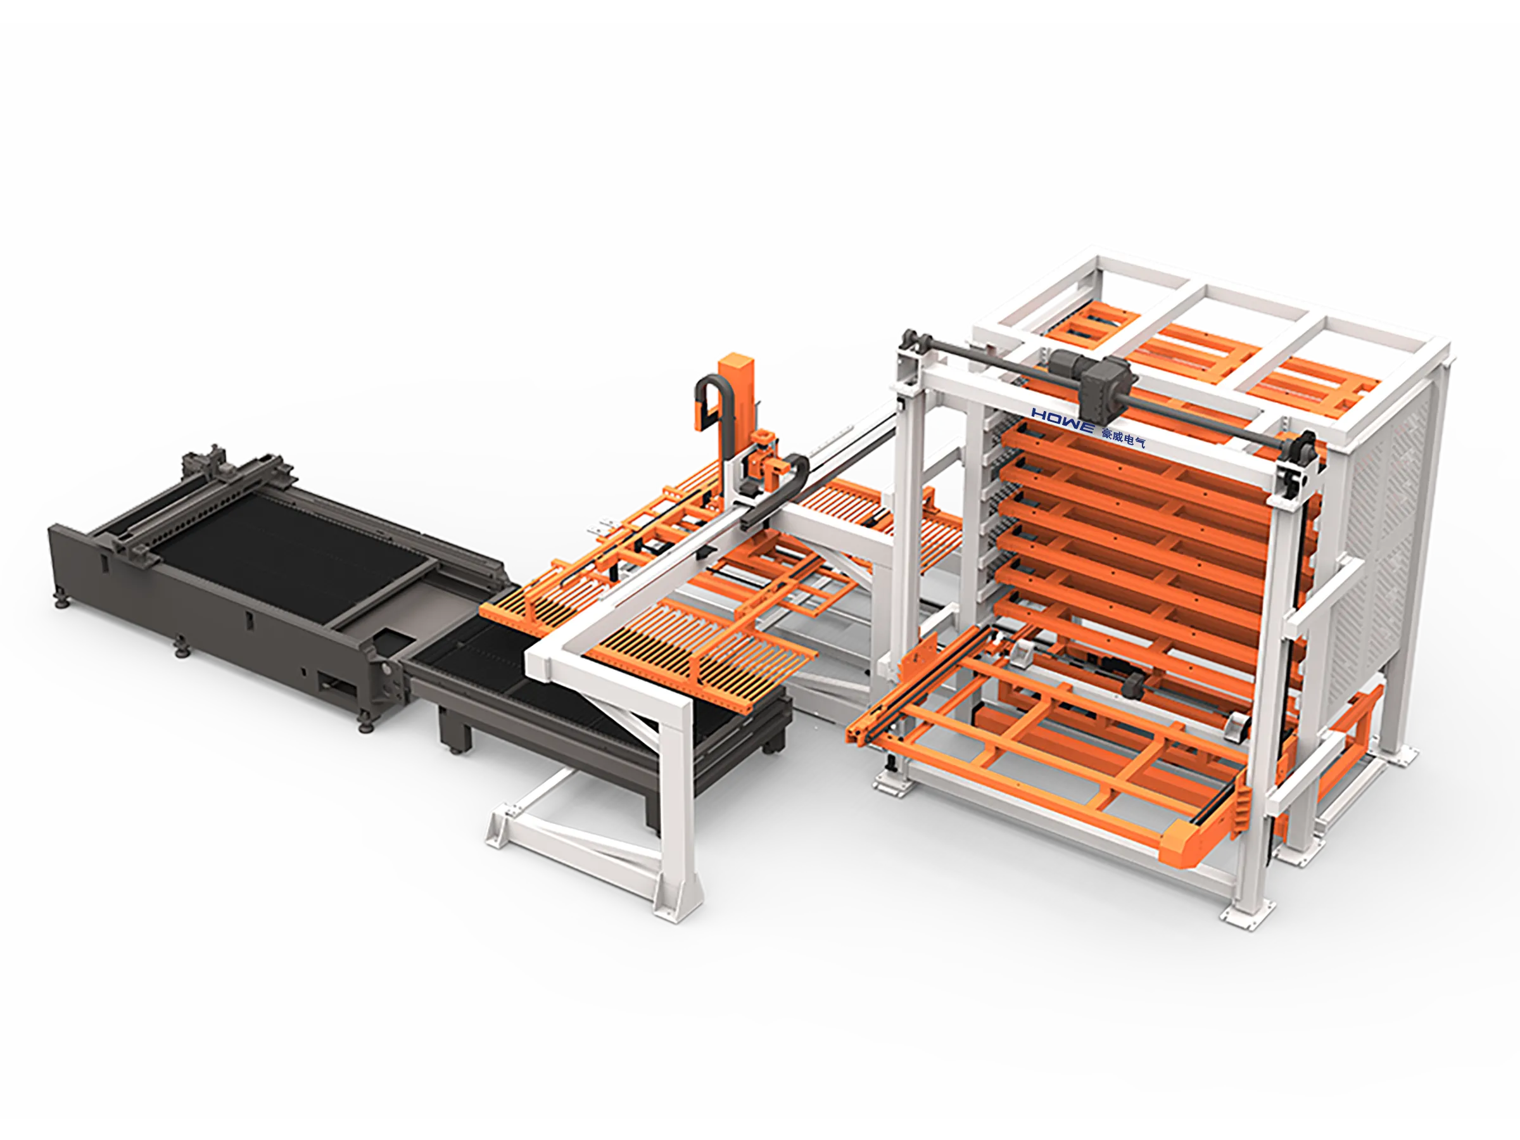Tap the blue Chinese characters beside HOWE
pos(1124,437)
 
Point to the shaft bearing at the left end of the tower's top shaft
pos(912,341)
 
